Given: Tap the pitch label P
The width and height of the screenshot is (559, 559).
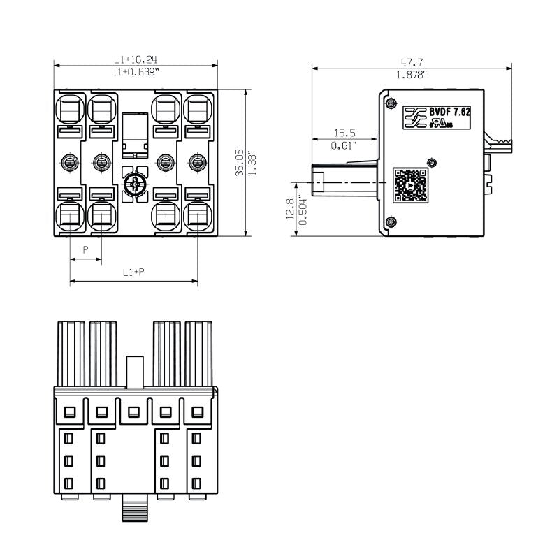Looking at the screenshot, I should point(86,249).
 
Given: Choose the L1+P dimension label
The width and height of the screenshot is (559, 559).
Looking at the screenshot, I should point(133,273).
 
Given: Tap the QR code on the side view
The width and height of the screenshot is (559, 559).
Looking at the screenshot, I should point(410,184).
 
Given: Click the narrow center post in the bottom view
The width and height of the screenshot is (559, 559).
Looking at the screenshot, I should point(135,370).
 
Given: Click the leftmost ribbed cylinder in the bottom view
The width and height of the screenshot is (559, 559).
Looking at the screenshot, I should point(71,353).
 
